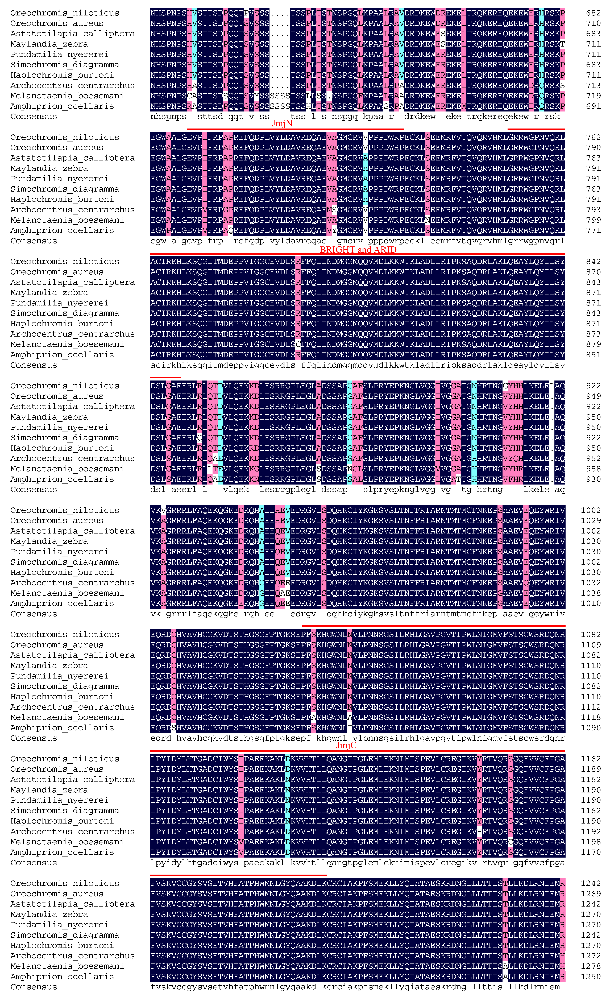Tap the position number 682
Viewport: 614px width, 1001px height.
pos(593,13)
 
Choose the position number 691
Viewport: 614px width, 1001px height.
pos(593,106)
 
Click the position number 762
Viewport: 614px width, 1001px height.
pos(593,137)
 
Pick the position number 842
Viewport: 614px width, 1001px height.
pos(593,262)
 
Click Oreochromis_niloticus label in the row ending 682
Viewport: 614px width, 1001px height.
pos(65,13)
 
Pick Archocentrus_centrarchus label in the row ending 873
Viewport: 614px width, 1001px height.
pos(73,334)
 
